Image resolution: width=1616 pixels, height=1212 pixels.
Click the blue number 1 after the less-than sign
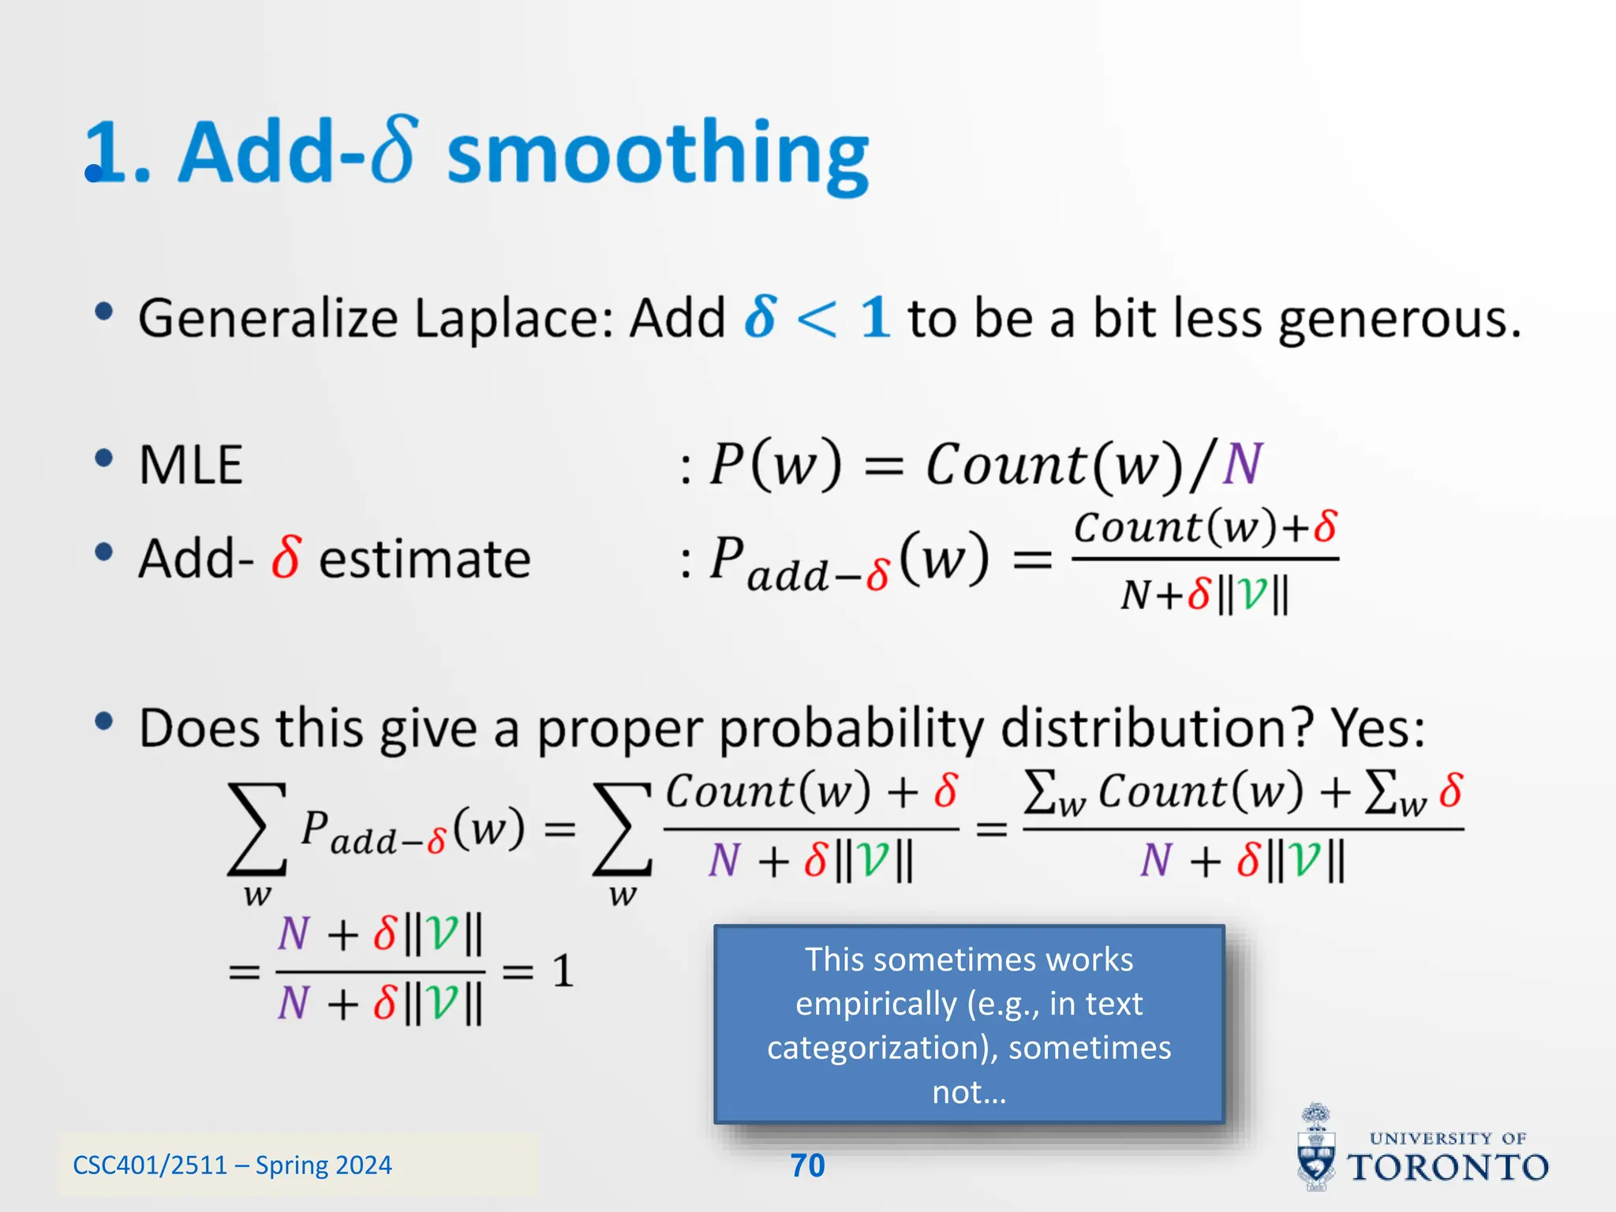click(x=875, y=318)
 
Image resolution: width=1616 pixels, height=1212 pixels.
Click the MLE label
click(x=190, y=465)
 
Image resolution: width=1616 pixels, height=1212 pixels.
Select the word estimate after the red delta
click(x=425, y=559)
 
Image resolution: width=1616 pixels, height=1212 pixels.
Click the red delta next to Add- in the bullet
click(x=286, y=557)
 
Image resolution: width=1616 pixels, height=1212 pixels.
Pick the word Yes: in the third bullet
click(x=1378, y=727)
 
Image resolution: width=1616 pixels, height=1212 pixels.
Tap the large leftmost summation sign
click(x=256, y=829)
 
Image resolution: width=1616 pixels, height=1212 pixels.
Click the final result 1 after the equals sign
click(x=562, y=971)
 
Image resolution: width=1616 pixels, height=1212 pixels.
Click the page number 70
click(x=807, y=1165)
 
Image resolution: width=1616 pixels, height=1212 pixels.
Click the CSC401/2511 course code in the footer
click(x=149, y=1165)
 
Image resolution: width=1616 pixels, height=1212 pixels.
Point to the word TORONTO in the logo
click(x=1447, y=1167)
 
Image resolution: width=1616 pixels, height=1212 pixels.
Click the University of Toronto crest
click(x=1315, y=1148)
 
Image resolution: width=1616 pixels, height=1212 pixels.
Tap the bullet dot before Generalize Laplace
click(x=103, y=312)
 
